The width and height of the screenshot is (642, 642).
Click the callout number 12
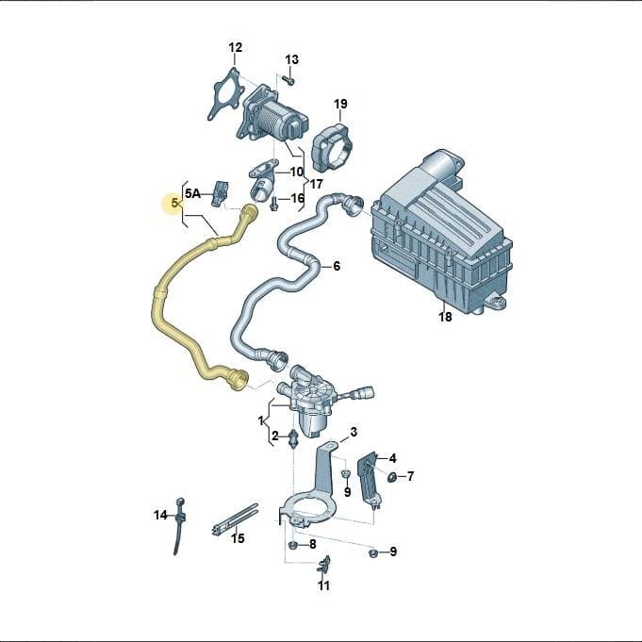(236, 47)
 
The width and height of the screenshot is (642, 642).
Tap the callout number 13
(291, 59)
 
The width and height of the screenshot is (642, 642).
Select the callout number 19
(340, 104)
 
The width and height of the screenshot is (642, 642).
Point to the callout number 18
(445, 317)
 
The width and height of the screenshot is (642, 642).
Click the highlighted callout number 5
(175, 203)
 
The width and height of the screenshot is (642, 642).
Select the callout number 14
(160, 515)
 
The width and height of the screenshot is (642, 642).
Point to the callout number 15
(238, 538)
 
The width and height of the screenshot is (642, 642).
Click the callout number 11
(323, 585)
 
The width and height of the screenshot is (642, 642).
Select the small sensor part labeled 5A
(221, 193)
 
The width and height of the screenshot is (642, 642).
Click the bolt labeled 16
(273, 204)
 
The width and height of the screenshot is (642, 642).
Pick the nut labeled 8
(293, 545)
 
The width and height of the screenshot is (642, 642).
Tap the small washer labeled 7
(391, 476)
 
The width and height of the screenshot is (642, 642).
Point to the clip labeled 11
(324, 565)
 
